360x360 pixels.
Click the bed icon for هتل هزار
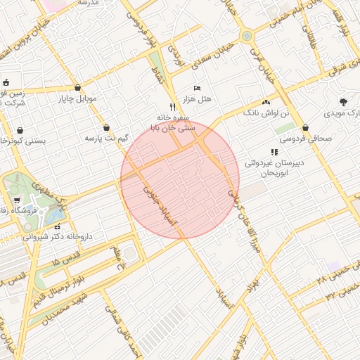(x=198, y=87)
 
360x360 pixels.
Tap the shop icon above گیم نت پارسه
(x=106, y=128)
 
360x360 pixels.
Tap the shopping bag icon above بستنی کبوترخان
(x=20, y=130)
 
